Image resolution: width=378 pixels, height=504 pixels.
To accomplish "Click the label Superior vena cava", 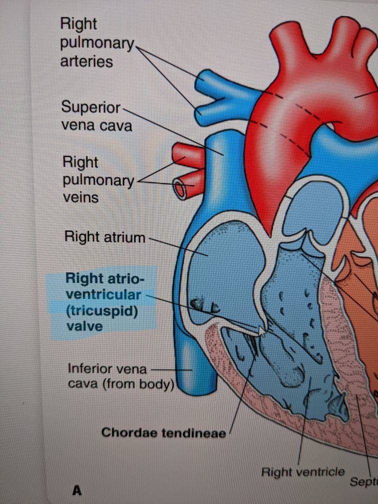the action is (96, 116).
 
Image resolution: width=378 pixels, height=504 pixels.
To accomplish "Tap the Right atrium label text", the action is (104, 236).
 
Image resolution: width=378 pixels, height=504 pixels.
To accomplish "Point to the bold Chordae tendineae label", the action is (163, 432).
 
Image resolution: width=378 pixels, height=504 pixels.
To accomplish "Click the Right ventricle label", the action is (303, 471).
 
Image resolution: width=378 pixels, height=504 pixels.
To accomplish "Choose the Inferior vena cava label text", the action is (120, 377).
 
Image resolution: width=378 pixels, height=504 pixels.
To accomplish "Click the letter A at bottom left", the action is (76, 490).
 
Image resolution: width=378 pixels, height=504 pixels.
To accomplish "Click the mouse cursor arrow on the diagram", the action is (262, 331).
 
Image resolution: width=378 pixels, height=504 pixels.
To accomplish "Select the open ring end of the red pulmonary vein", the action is (180, 188).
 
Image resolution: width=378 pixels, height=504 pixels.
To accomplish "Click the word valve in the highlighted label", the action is (84, 326).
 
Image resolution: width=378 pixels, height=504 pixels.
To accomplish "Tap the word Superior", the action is (90, 107).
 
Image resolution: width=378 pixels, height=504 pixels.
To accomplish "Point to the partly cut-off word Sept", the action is (363, 481).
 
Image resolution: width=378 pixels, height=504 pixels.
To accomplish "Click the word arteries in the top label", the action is (86, 61).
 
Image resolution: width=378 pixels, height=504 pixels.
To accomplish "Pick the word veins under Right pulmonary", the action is (80, 197).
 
